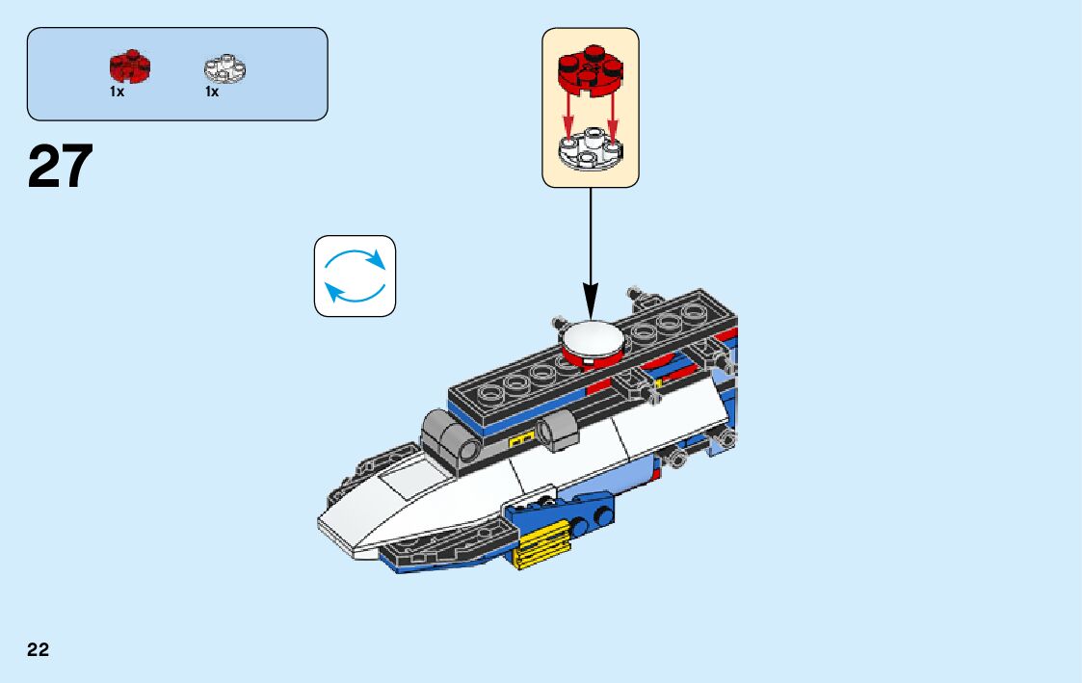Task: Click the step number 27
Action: tap(61, 166)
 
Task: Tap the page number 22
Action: tap(38, 649)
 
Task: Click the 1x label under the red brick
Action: tap(117, 92)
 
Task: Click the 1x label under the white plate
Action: tap(211, 92)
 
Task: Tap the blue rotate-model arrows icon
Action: tap(355, 276)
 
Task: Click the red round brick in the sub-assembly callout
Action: tap(590, 69)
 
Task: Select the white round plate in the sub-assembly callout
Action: tap(590, 150)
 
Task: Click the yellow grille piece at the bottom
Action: tap(541, 544)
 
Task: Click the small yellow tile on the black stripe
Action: tap(520, 440)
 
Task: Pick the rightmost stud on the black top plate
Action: tap(692, 313)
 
